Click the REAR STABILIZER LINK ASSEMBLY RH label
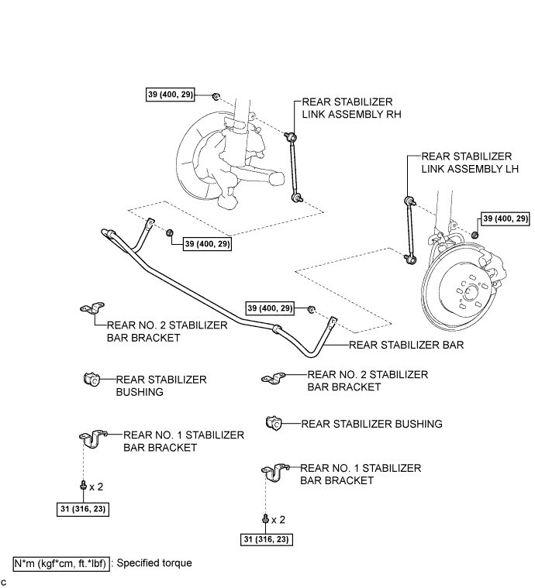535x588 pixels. (x=347, y=108)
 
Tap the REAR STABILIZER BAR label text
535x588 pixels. (x=406, y=345)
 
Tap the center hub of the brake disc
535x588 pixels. (x=467, y=292)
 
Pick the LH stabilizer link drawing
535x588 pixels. (x=408, y=229)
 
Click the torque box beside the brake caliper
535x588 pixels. (x=505, y=219)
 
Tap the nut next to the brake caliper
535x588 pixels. (x=475, y=234)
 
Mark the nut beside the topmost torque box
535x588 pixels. (x=216, y=97)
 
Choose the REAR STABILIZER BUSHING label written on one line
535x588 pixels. (x=371, y=424)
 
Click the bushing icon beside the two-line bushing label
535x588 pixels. (x=90, y=380)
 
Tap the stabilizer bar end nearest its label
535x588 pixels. (x=333, y=323)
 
